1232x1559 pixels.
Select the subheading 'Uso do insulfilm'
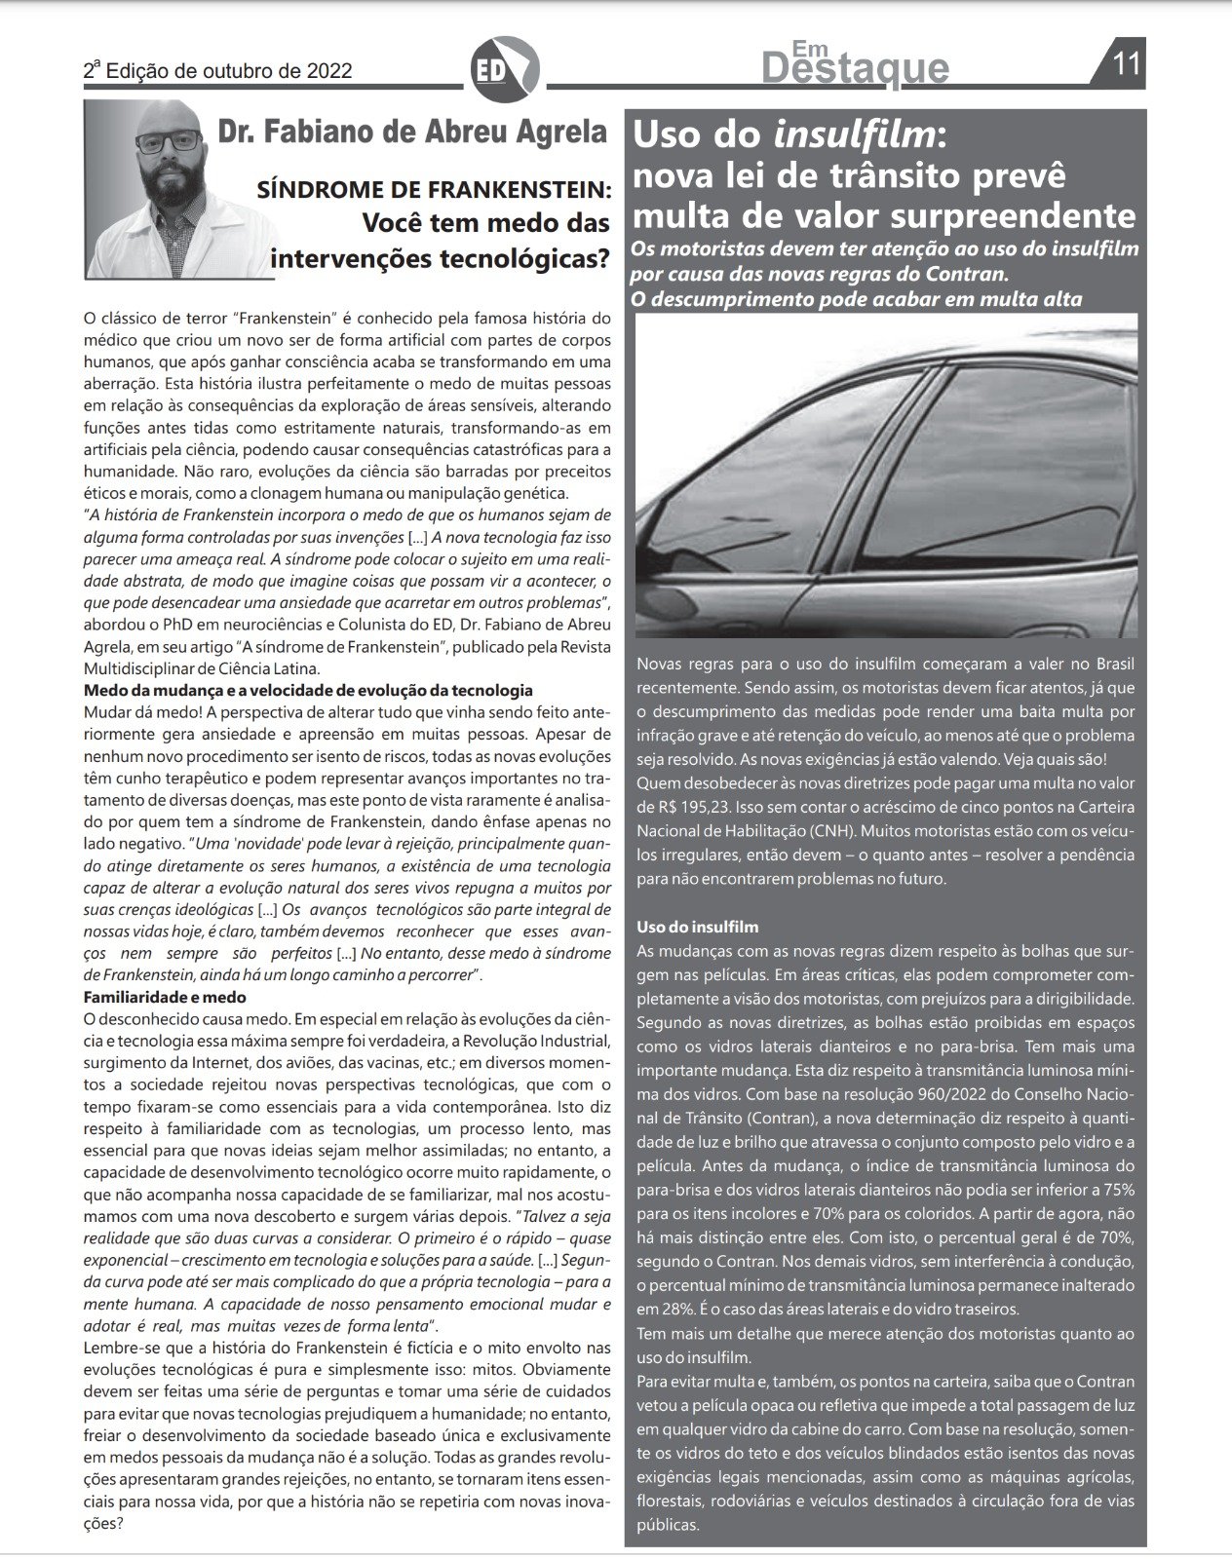pos(697,927)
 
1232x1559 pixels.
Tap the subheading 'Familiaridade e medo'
pos(165,997)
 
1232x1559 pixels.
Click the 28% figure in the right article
pos(669,1309)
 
